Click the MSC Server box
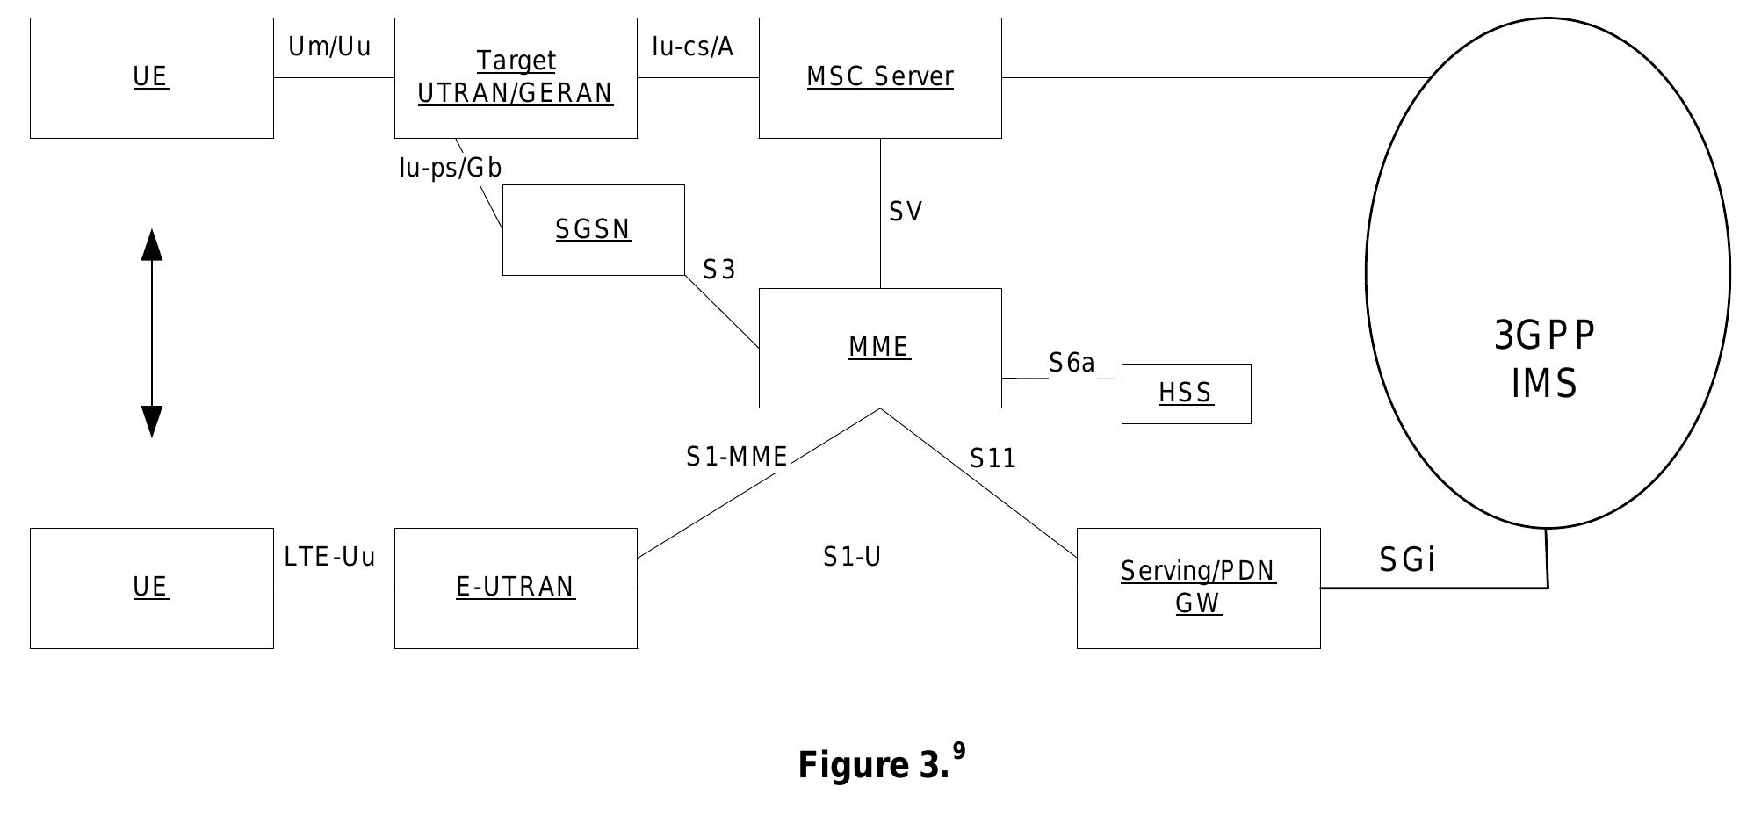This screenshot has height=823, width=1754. click(879, 77)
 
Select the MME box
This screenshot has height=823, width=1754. click(879, 348)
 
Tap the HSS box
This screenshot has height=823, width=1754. click(1186, 393)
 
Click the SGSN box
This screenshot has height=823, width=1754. click(593, 230)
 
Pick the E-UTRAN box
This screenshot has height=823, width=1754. click(516, 588)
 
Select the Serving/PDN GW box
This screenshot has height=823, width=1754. click(1198, 588)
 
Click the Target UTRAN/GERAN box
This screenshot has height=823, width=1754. click(516, 77)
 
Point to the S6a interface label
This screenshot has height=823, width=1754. click(1072, 363)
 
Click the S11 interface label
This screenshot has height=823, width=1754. click(992, 458)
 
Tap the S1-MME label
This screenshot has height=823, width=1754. click(736, 457)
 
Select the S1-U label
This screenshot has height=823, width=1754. click(851, 557)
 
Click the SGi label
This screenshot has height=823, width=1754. click(1407, 559)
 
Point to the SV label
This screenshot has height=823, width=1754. click(906, 212)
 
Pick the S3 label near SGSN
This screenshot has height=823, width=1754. click(718, 270)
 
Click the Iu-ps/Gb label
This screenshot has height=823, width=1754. click(450, 168)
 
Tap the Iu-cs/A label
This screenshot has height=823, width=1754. click(692, 47)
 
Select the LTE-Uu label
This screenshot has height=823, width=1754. click(329, 557)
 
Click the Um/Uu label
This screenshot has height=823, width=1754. click(329, 47)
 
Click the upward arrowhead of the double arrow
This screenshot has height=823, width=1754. click(152, 245)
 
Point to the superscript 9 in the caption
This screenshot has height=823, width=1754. click(959, 751)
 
